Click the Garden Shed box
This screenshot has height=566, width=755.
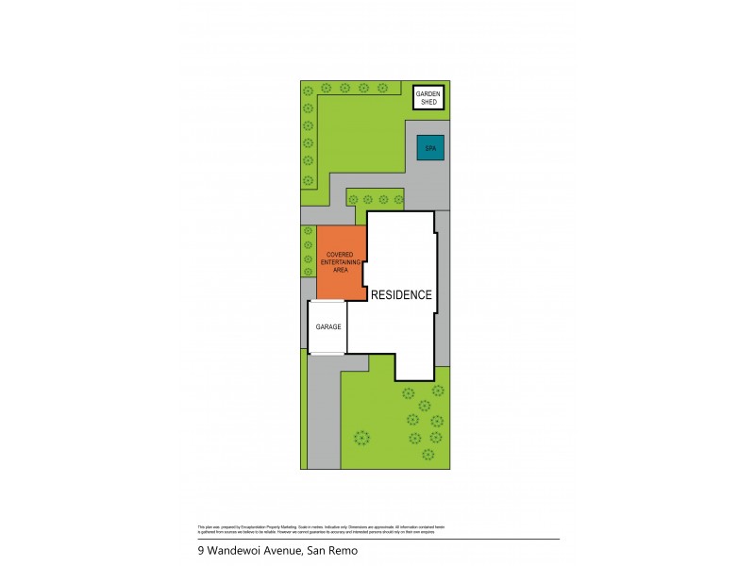pyautogui.click(x=429, y=97)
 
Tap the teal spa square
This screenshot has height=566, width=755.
pyautogui.click(x=430, y=148)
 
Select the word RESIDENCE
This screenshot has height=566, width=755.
pyautogui.click(x=401, y=294)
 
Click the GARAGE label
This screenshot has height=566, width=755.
pyautogui.click(x=327, y=327)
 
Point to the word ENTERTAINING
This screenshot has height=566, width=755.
pyautogui.click(x=340, y=262)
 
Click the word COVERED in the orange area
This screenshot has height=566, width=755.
pyautogui.click(x=340, y=255)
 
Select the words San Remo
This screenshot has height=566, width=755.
pyautogui.click(x=334, y=551)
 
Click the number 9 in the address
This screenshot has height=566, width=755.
pyautogui.click(x=200, y=551)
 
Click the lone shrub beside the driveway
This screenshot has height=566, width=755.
pyautogui.click(x=361, y=437)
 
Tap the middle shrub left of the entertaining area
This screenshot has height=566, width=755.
pyautogui.click(x=308, y=258)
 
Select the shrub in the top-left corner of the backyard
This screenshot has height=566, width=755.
pyautogui.click(x=308, y=90)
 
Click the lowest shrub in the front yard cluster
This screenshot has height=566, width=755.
pyautogui.click(x=428, y=454)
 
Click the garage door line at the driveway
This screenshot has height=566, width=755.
pyautogui.click(x=327, y=354)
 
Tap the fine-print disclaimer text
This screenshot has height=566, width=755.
pyautogui.click(x=321, y=528)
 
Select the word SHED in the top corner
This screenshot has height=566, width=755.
pyautogui.click(x=429, y=101)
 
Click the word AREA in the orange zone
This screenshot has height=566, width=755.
pyautogui.click(x=340, y=270)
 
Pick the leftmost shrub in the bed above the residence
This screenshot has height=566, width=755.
pyautogui.click(x=353, y=199)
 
